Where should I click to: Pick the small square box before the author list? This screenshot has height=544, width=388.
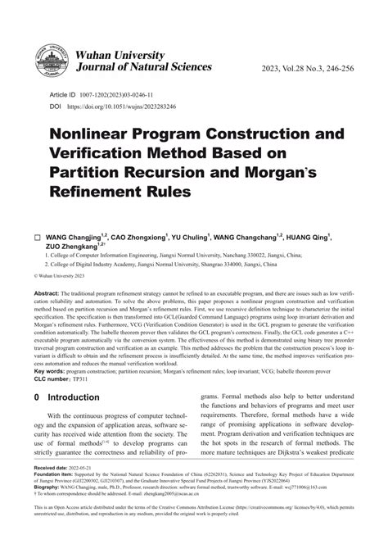click(x=37, y=238)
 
